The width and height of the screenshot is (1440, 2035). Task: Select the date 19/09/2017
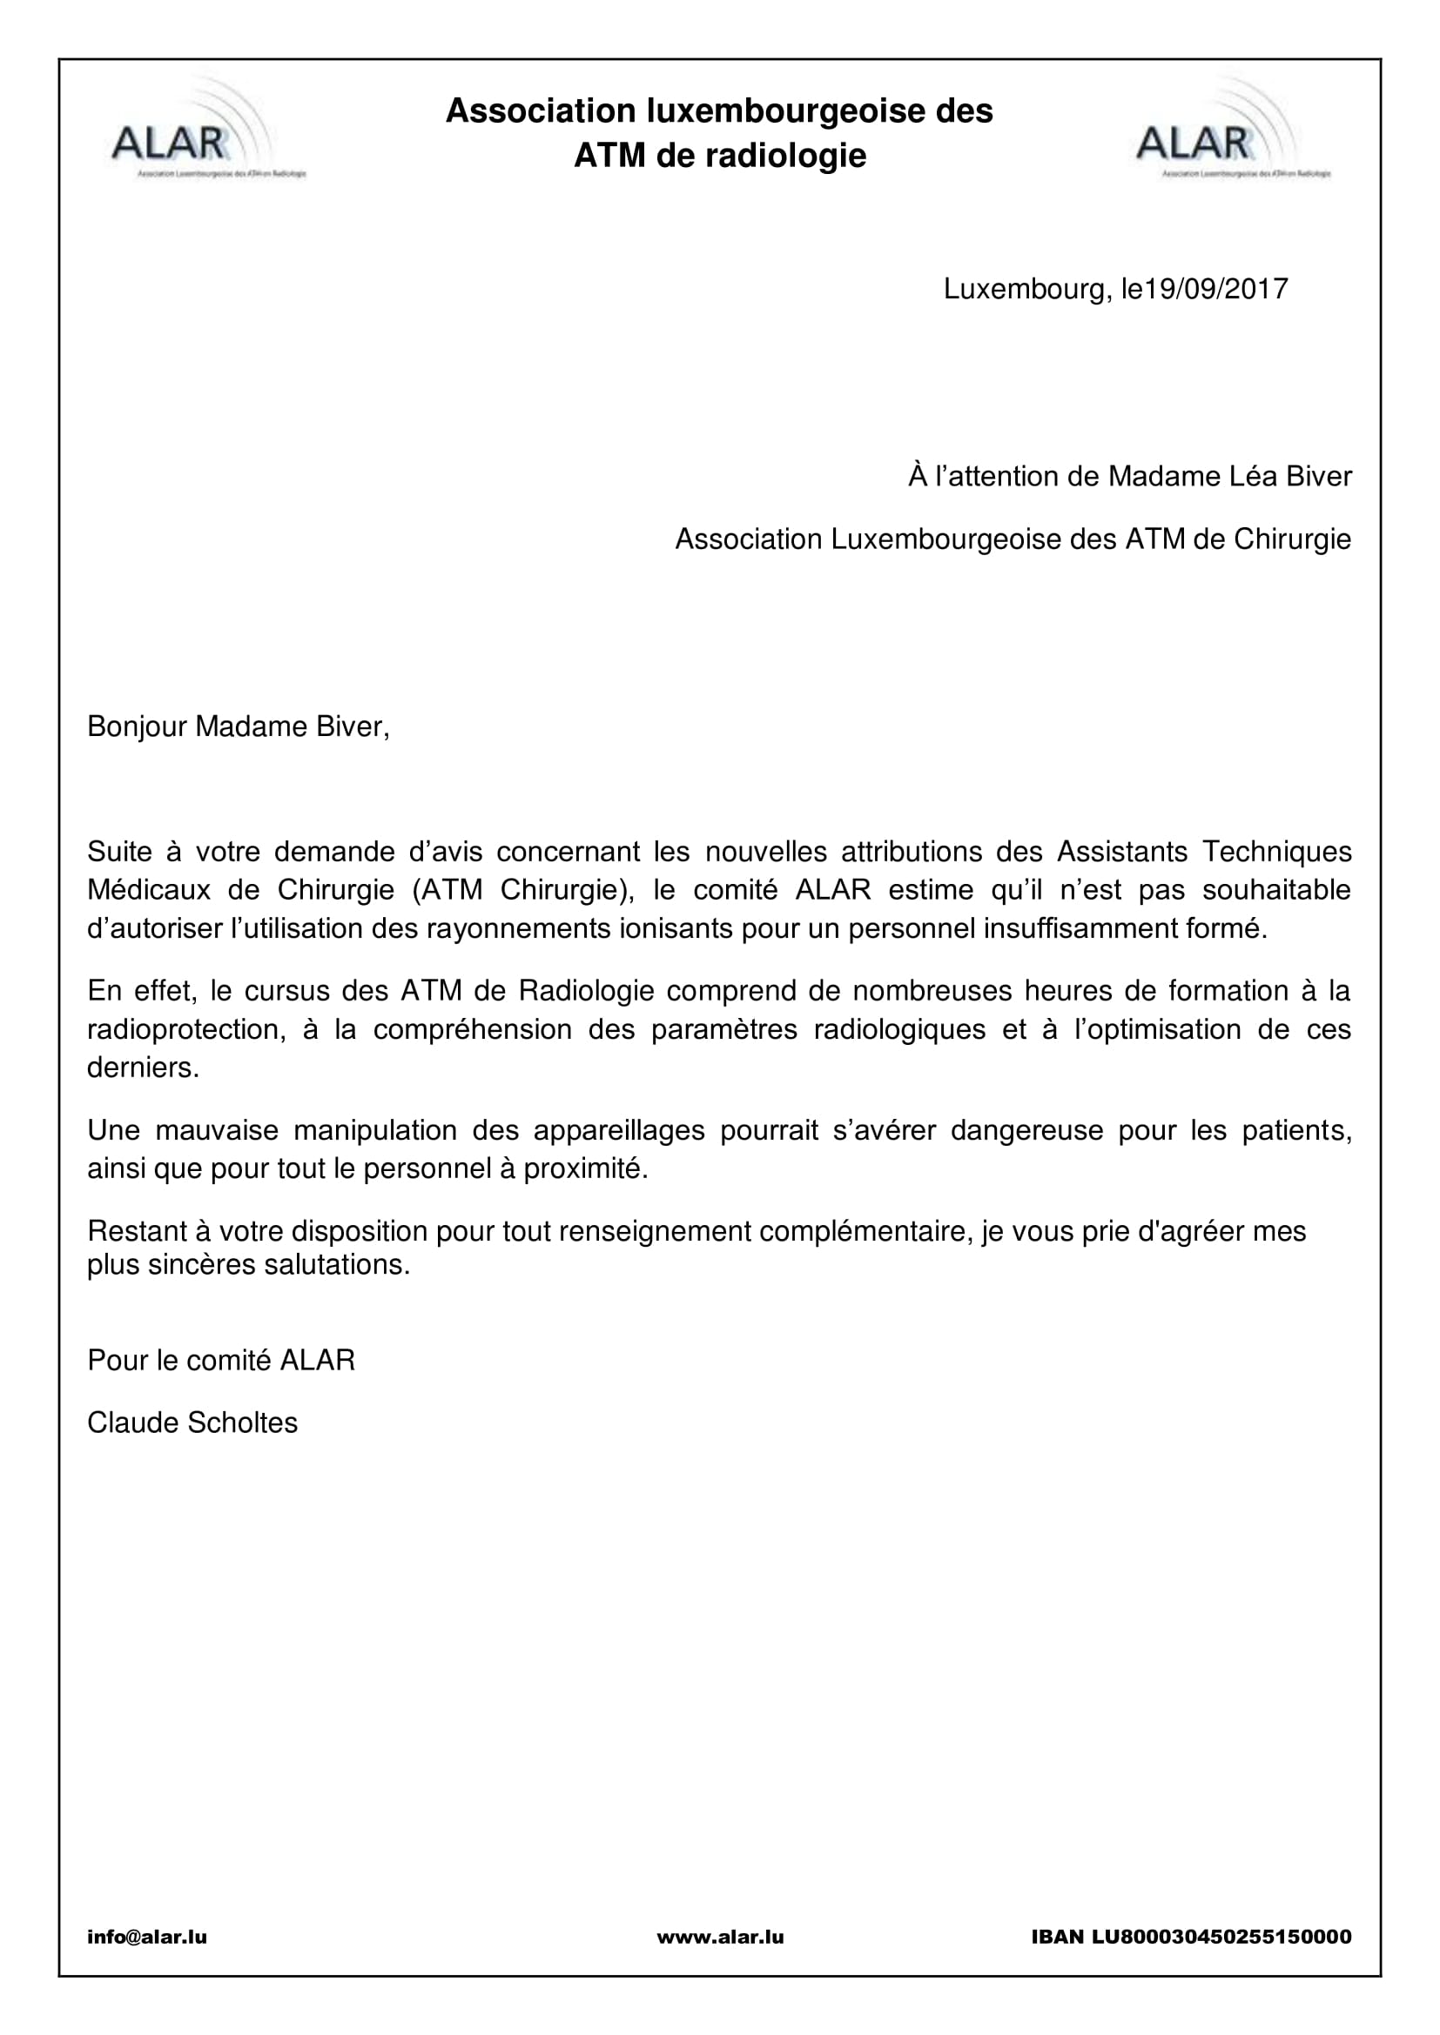(1216, 290)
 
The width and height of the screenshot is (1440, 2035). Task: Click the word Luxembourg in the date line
(1024, 290)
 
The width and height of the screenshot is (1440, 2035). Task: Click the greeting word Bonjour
(137, 726)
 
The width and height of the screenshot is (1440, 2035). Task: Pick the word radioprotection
(186, 1029)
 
